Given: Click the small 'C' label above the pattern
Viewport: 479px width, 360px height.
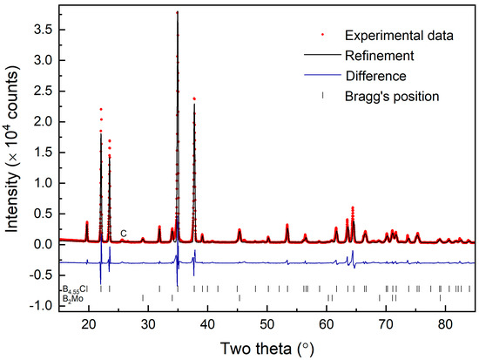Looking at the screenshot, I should (124, 234).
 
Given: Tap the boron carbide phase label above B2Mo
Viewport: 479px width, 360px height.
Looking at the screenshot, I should (75, 289).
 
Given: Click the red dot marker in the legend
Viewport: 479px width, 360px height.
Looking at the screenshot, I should (323, 36).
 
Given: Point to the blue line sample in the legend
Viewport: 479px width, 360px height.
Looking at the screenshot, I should (323, 74).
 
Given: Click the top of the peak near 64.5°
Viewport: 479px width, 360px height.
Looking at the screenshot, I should (353, 207).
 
